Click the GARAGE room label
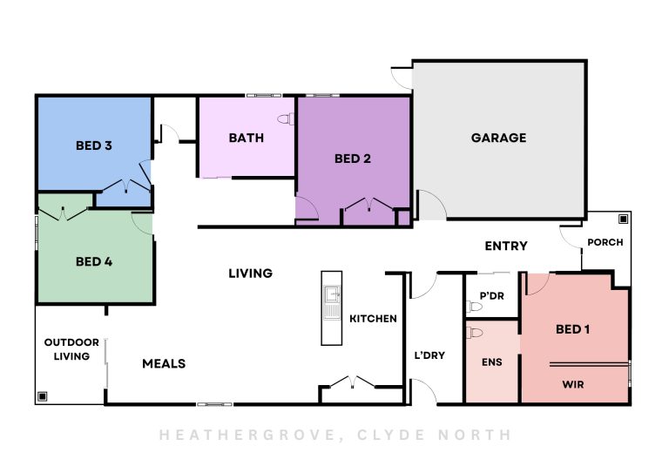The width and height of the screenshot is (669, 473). click(x=498, y=138)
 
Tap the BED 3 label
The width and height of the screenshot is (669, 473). click(x=94, y=145)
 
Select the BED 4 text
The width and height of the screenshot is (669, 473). click(x=94, y=261)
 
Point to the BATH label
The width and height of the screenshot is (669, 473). click(x=247, y=138)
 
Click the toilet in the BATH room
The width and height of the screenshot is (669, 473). click(x=286, y=119)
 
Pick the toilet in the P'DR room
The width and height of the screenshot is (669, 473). click(x=474, y=307)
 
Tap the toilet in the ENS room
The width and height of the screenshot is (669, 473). click(x=475, y=333)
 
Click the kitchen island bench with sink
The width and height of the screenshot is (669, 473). click(x=332, y=308)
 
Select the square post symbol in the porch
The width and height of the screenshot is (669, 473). click(x=623, y=220)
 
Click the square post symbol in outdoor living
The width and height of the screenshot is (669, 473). click(x=42, y=396)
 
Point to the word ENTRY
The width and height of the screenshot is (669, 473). click(x=506, y=246)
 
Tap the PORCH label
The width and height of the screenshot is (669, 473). click(x=605, y=242)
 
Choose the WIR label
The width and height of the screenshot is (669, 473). click(x=573, y=385)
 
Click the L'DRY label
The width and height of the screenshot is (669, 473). click(x=429, y=355)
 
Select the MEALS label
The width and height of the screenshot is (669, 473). click(x=164, y=363)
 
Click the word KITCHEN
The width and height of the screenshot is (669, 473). click(x=373, y=319)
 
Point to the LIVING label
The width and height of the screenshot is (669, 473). click(x=251, y=274)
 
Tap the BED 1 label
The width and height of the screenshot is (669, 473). click(x=572, y=329)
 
